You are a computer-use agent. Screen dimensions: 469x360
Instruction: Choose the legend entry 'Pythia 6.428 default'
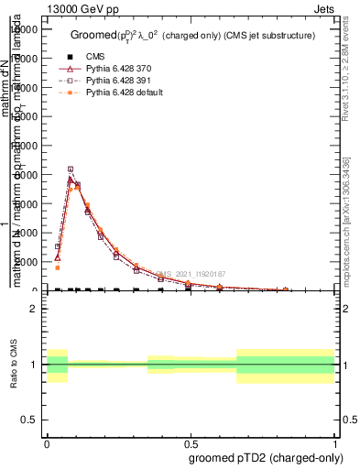click(x=125, y=93)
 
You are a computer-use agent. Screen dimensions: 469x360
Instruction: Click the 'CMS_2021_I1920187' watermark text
click(x=190, y=273)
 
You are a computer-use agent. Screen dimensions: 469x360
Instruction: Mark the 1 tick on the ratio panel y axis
click(x=33, y=365)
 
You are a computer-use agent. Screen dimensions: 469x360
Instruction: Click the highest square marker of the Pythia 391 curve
click(x=71, y=169)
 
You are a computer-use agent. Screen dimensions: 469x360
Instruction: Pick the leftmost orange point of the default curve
click(x=57, y=267)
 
